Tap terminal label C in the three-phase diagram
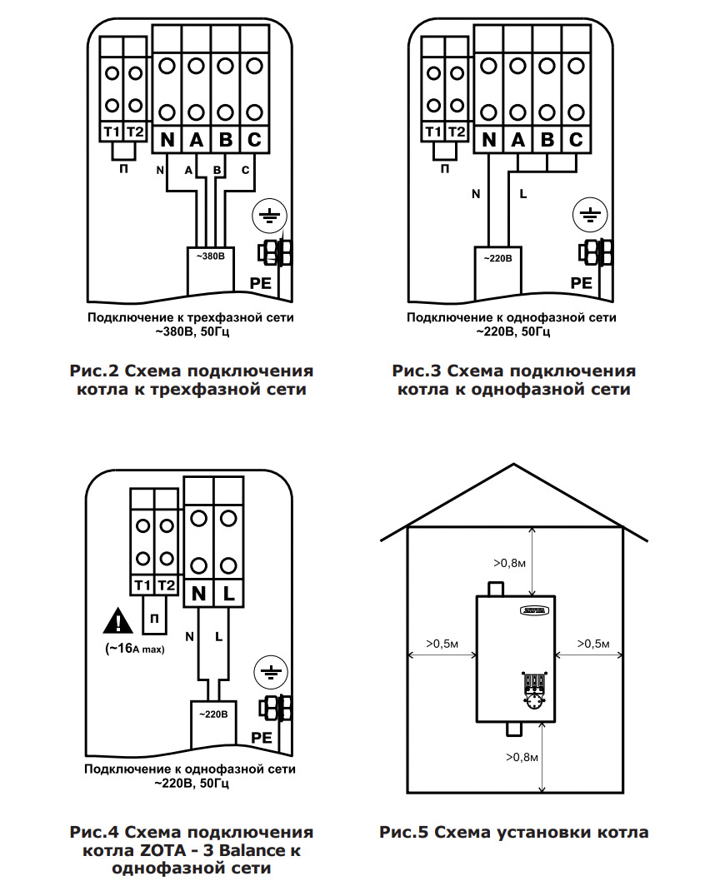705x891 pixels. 254,140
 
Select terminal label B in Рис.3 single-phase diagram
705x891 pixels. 547,140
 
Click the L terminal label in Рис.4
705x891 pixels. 227,594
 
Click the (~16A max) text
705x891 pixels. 135,649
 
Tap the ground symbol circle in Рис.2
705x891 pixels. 268,218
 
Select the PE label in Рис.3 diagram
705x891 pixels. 581,283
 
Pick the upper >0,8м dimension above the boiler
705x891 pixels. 509,564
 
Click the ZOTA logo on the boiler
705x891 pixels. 533,611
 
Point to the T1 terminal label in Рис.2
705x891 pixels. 112,132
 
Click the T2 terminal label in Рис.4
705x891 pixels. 167,585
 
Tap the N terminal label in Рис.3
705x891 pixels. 489,140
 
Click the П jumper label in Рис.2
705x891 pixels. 124,169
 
